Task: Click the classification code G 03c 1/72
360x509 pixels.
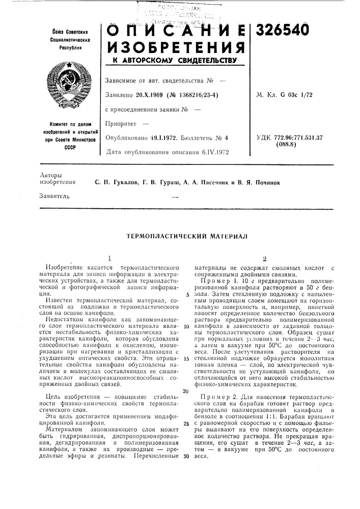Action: pyautogui.click(x=299, y=95)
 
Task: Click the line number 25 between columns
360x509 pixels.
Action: pyautogui.click(x=187, y=423)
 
